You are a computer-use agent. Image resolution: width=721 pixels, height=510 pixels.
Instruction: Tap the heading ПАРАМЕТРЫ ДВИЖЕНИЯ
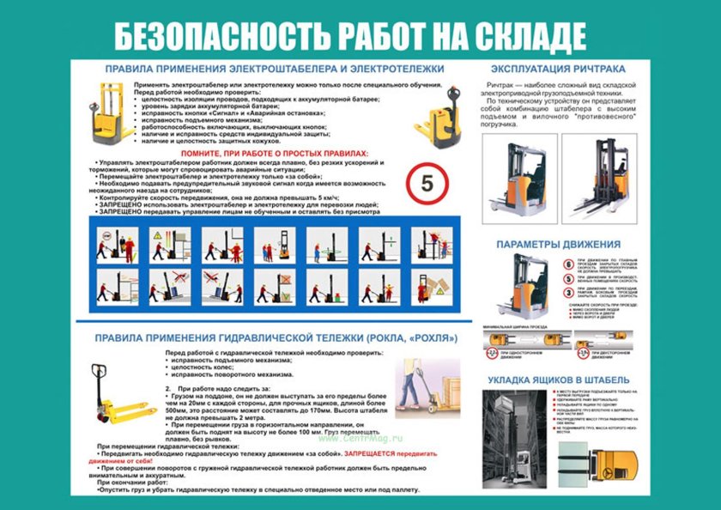coord(558,245)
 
